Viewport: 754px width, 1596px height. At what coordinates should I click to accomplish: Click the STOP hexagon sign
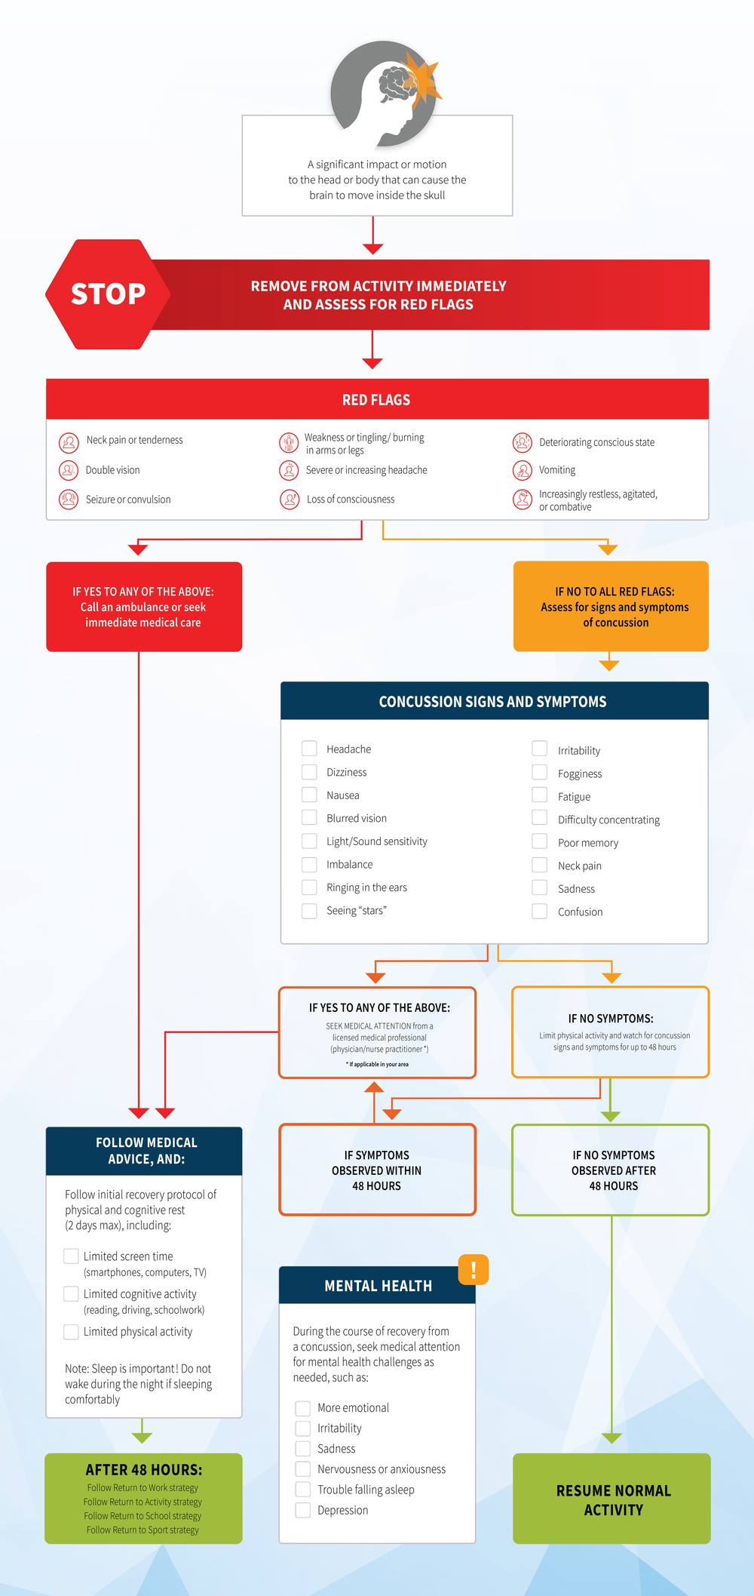click(x=108, y=294)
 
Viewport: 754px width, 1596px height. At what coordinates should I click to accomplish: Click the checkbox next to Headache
click(x=309, y=749)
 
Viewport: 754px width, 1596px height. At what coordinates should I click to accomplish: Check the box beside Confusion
click(x=539, y=911)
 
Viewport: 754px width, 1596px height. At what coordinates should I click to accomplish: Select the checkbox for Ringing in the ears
click(x=309, y=887)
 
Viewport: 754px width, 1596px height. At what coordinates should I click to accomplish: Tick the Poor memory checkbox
click(x=539, y=841)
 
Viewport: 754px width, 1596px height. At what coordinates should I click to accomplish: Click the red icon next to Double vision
click(x=69, y=470)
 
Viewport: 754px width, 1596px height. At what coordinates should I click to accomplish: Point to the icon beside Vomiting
click(x=522, y=470)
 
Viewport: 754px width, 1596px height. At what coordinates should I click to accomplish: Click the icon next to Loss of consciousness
click(x=290, y=499)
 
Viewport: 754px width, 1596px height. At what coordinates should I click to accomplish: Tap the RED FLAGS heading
click(x=376, y=400)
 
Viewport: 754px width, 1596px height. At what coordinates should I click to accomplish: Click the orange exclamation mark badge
click(x=474, y=1269)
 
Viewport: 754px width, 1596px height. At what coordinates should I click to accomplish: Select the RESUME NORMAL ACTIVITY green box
click(x=612, y=1499)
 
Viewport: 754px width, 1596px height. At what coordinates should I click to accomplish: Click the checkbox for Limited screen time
click(x=71, y=1256)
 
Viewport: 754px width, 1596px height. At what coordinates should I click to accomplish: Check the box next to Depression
click(x=302, y=1510)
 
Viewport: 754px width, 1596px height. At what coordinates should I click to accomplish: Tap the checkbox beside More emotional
click(x=302, y=1407)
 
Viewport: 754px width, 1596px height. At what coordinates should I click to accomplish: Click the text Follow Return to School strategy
click(x=143, y=1516)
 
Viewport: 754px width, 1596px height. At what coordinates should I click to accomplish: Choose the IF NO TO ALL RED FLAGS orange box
click(x=611, y=606)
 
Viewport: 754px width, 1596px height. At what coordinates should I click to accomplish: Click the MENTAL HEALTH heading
click(x=378, y=1286)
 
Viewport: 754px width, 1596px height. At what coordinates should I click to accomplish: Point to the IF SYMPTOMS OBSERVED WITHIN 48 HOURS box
click(x=377, y=1170)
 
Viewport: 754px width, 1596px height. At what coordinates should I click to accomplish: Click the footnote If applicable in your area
click(x=377, y=1064)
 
